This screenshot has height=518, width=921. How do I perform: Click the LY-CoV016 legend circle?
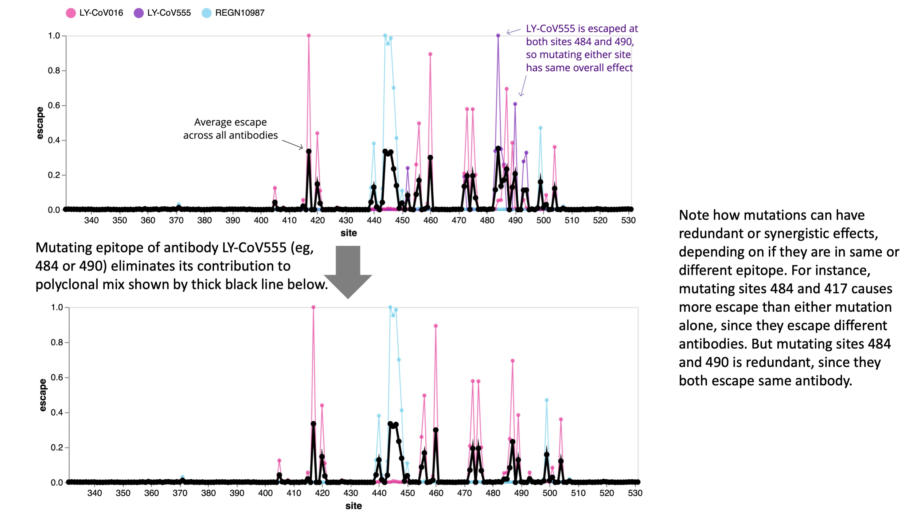pyautogui.click(x=71, y=13)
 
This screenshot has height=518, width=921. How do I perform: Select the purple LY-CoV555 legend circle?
pyautogui.click(x=139, y=13)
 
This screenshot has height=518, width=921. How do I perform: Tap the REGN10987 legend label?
pyautogui.click(x=240, y=13)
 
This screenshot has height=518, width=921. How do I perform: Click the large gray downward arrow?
pyautogui.click(x=348, y=271)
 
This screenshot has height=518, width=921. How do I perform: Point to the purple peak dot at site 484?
pyautogui.click(x=498, y=35)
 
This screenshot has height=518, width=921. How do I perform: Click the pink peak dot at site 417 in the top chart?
pyautogui.click(x=309, y=35)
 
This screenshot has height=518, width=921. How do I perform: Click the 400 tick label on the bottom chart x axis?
pyautogui.click(x=265, y=493)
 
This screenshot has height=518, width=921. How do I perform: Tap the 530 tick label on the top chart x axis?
pyautogui.click(x=628, y=220)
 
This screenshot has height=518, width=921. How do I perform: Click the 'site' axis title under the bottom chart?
pyautogui.click(x=353, y=506)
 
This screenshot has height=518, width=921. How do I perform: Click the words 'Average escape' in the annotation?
pyautogui.click(x=230, y=122)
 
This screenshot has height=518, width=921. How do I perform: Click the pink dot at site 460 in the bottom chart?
pyautogui.click(x=435, y=326)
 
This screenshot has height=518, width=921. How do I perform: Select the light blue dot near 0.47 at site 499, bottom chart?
pyautogui.click(x=546, y=400)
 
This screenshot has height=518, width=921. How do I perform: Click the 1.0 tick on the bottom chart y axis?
pyautogui.click(x=57, y=307)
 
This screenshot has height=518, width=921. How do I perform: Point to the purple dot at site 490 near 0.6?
pyautogui.click(x=515, y=104)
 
